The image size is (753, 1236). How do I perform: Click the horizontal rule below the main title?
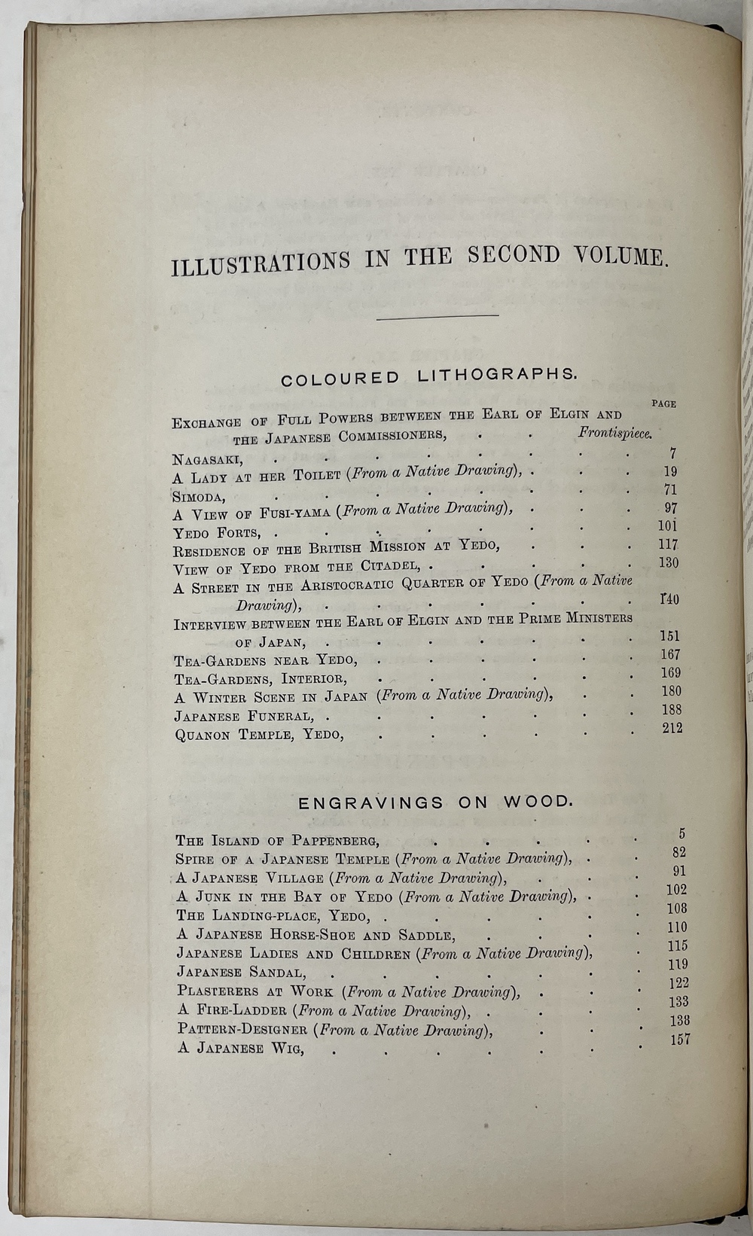point(437,315)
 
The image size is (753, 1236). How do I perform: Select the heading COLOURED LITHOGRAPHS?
point(429,376)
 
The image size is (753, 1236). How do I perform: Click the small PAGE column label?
point(663,403)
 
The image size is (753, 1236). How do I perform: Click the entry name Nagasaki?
point(207,459)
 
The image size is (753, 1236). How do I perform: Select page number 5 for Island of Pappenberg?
point(681,833)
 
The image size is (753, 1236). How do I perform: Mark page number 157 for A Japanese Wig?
point(679,1040)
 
